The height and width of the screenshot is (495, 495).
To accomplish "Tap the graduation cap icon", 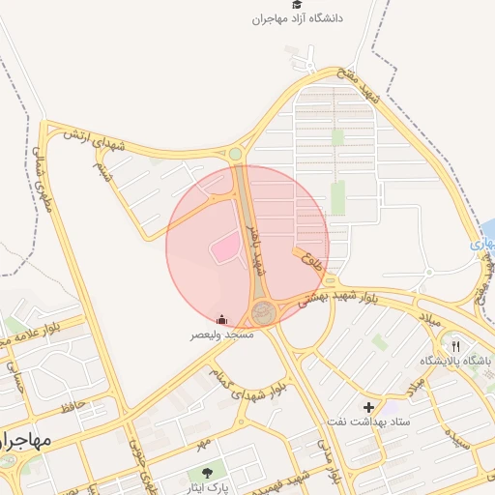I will click(x=298, y=5).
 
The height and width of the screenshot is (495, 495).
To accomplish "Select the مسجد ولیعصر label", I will click(x=222, y=334).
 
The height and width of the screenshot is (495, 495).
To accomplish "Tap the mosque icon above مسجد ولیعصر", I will click(x=222, y=320).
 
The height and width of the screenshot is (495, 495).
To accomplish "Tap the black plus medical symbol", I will click(x=367, y=407).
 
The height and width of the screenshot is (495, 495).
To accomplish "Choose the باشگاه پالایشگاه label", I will click(x=454, y=361).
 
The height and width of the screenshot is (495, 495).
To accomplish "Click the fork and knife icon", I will click(x=455, y=345).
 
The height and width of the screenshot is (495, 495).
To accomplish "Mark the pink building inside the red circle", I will click(x=224, y=248).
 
